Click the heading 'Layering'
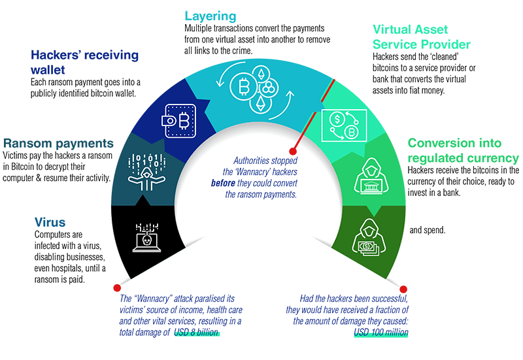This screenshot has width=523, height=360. pyautogui.click(x=211, y=15)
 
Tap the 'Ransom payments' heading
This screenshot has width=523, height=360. pyautogui.click(x=58, y=143)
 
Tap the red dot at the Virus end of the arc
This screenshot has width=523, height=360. pyautogui.click(x=116, y=287)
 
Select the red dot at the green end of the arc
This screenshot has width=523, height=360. pyautogui.click(x=403, y=288)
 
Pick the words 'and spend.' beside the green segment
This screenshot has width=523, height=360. pyautogui.click(x=428, y=231)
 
